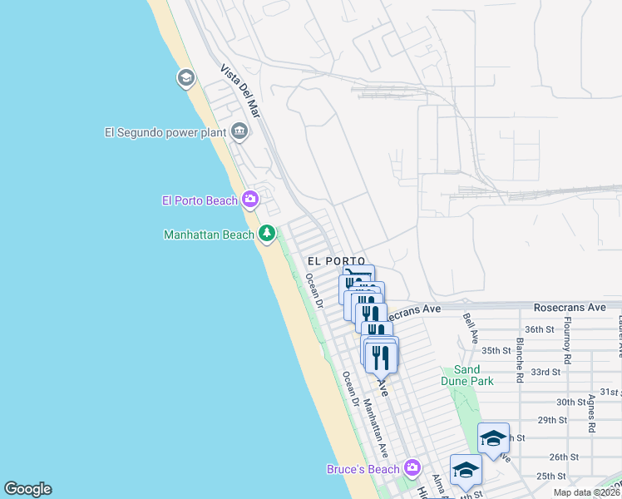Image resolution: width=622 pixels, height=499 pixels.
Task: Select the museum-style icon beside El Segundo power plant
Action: pos(239,131)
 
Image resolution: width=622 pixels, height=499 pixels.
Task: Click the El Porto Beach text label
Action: pos(200,200)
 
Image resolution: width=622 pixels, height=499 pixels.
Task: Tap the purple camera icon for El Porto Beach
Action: pos(249,200)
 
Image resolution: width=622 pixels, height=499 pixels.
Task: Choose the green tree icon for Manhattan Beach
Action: pos(267,235)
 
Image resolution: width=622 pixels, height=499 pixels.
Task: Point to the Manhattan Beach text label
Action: pos(209,235)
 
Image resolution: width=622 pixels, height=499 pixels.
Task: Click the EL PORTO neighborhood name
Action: pos(336,261)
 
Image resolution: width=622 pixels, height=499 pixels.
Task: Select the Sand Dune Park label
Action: pos(473,375)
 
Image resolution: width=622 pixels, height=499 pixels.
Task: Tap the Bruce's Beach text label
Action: pos(363,469)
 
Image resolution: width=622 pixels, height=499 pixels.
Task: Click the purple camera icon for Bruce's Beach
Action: pos(412,469)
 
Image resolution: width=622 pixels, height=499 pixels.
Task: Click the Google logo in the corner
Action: pos(27,489)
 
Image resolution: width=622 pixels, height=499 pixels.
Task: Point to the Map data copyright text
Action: pos(587,492)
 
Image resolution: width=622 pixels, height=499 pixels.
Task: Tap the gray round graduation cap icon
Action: pos(185,79)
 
